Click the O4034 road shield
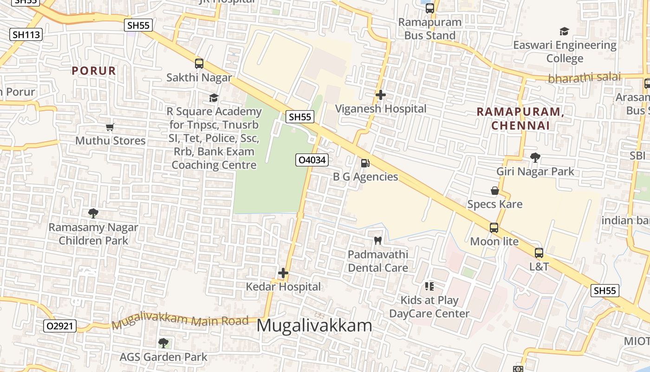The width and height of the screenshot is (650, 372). [312, 160]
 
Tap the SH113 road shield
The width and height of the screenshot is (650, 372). [26, 34]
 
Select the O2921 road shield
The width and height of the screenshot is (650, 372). [60, 326]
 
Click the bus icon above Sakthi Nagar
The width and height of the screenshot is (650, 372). [199, 64]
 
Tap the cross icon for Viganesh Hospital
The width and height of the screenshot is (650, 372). [381, 95]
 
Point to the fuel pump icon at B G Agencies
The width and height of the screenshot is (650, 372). [365, 163]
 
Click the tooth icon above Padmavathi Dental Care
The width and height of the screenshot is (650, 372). [378, 241]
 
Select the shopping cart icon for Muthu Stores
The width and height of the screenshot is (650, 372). [110, 127]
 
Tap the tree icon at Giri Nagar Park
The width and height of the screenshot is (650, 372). [535, 158]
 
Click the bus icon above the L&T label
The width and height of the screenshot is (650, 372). [539, 253]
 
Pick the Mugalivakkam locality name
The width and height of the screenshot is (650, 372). [314, 325]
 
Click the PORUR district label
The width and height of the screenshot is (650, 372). [94, 71]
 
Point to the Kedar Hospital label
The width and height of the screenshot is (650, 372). [283, 286]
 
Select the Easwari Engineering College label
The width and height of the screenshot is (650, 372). [565, 52]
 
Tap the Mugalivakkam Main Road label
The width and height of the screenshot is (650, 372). [181, 320]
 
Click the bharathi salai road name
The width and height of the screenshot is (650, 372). [584, 78]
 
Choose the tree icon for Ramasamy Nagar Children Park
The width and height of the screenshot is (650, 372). [93, 213]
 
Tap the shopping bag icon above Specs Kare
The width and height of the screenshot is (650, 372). [495, 191]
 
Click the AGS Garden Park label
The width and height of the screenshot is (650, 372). [163, 357]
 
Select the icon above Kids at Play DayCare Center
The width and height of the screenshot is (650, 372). [429, 286]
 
